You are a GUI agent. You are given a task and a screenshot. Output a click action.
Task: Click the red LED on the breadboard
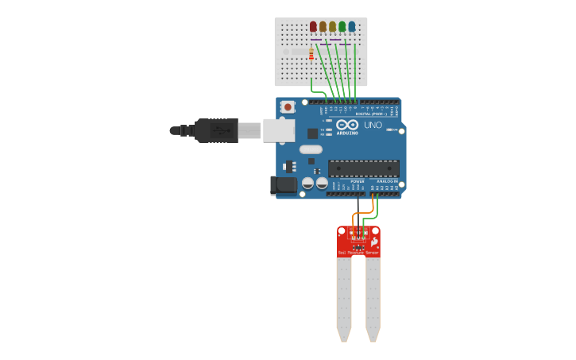(313, 27)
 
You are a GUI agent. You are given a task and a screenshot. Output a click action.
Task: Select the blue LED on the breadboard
(352, 27)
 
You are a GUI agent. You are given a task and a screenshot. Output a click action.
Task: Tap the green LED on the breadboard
(342, 27)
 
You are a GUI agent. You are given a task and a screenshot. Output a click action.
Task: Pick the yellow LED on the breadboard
(332, 27)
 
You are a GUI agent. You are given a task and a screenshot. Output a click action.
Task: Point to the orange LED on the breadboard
(323, 27)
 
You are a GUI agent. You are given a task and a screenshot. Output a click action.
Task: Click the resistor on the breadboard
(311, 54)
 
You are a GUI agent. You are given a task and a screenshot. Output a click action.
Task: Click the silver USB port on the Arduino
(278, 130)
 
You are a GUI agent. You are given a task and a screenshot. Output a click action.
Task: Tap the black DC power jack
(283, 186)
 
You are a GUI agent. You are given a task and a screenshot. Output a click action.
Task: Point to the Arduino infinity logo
(347, 125)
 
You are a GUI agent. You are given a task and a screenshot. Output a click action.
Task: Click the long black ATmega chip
(363, 168)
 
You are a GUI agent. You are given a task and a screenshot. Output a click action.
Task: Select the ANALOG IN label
(389, 181)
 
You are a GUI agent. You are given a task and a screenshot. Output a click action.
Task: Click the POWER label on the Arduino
(358, 181)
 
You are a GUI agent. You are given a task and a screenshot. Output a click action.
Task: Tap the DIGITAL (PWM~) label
(371, 114)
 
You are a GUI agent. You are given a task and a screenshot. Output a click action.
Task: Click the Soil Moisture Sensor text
(358, 253)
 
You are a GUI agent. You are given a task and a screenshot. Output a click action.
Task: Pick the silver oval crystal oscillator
(311, 149)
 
